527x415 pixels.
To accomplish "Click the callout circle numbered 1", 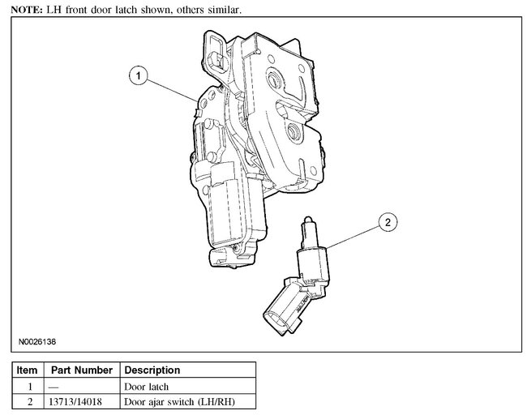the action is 138,75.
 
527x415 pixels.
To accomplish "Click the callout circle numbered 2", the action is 388,222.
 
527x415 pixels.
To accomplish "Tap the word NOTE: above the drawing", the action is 27,10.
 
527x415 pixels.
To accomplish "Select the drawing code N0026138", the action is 37,342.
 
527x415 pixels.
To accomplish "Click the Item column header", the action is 27,370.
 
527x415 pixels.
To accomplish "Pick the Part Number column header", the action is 82,370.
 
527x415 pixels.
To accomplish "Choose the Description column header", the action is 152,370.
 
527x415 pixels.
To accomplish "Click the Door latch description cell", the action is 147,387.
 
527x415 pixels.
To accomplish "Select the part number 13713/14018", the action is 75,401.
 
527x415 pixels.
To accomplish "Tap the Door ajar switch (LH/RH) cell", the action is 179,401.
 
